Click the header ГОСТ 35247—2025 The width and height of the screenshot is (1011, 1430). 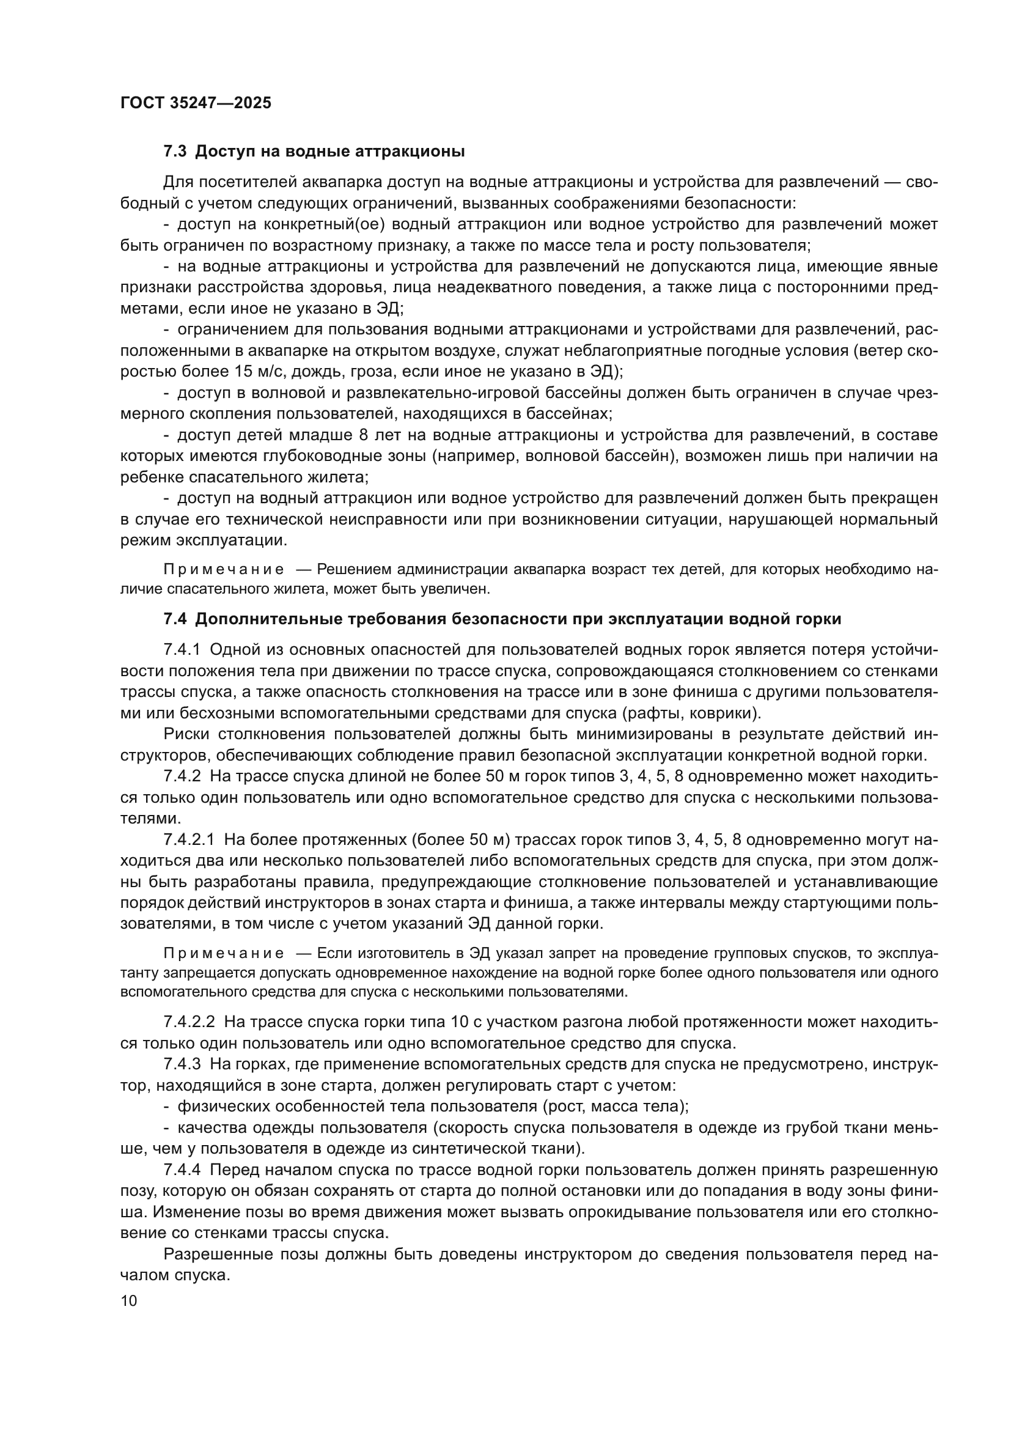point(196,103)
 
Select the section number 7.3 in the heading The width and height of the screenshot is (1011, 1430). point(175,152)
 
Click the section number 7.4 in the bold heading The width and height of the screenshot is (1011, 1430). point(175,619)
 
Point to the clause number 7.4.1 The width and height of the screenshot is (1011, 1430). point(182,650)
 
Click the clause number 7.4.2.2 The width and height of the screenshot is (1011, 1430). point(189,1022)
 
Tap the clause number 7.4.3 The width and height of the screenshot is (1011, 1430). point(182,1064)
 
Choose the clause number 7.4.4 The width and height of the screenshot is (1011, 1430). point(182,1170)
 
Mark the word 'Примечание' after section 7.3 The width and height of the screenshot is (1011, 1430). point(224,569)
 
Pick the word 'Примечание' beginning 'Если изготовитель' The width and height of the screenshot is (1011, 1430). point(224,954)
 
